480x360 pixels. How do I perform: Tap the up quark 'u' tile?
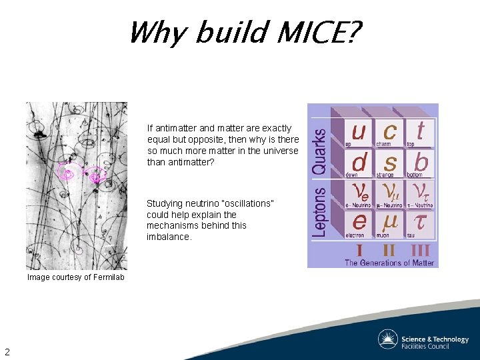[359, 132]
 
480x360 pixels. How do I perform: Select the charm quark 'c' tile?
[389, 132]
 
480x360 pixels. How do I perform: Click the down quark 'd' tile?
[359, 163]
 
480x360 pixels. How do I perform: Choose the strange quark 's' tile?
[390, 163]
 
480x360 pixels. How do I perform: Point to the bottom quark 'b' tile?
[421, 163]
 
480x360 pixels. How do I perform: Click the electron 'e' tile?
[359, 223]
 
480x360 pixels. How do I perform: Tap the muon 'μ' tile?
[389, 223]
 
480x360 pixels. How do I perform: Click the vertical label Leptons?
[321, 210]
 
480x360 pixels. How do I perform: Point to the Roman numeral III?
[419, 251]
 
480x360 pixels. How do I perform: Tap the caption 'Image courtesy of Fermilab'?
[75, 277]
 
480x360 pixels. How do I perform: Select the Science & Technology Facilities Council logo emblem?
[387, 339]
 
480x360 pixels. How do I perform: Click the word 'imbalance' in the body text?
[168, 237]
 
